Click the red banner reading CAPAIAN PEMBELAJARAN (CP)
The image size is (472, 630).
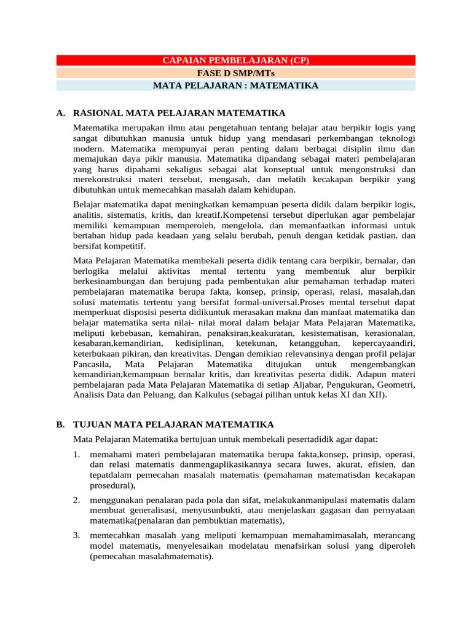click(x=235, y=60)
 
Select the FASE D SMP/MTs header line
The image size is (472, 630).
click(x=235, y=73)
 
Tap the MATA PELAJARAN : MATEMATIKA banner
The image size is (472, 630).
click(x=235, y=86)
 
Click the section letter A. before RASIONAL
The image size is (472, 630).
click(x=60, y=113)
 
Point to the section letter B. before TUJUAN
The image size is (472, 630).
click(x=60, y=425)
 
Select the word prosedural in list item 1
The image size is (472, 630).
click(x=110, y=485)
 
